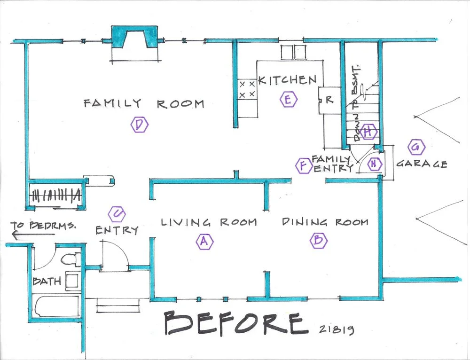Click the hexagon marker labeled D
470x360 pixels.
140,125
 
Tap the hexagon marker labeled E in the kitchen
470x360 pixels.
289,100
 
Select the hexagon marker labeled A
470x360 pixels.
204,241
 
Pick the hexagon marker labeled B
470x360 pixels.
318,240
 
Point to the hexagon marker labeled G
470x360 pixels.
416,147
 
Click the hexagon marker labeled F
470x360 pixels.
304,165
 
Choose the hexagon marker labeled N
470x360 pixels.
374,164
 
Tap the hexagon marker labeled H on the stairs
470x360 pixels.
369,132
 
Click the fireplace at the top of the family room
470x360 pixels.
134,37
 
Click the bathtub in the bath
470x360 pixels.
57,306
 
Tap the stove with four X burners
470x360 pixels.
247,89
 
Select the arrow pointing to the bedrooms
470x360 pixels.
29,235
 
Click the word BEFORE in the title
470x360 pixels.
236,323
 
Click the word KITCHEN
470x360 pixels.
287,80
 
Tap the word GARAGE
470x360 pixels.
422,164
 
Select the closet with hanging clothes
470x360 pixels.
56,195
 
